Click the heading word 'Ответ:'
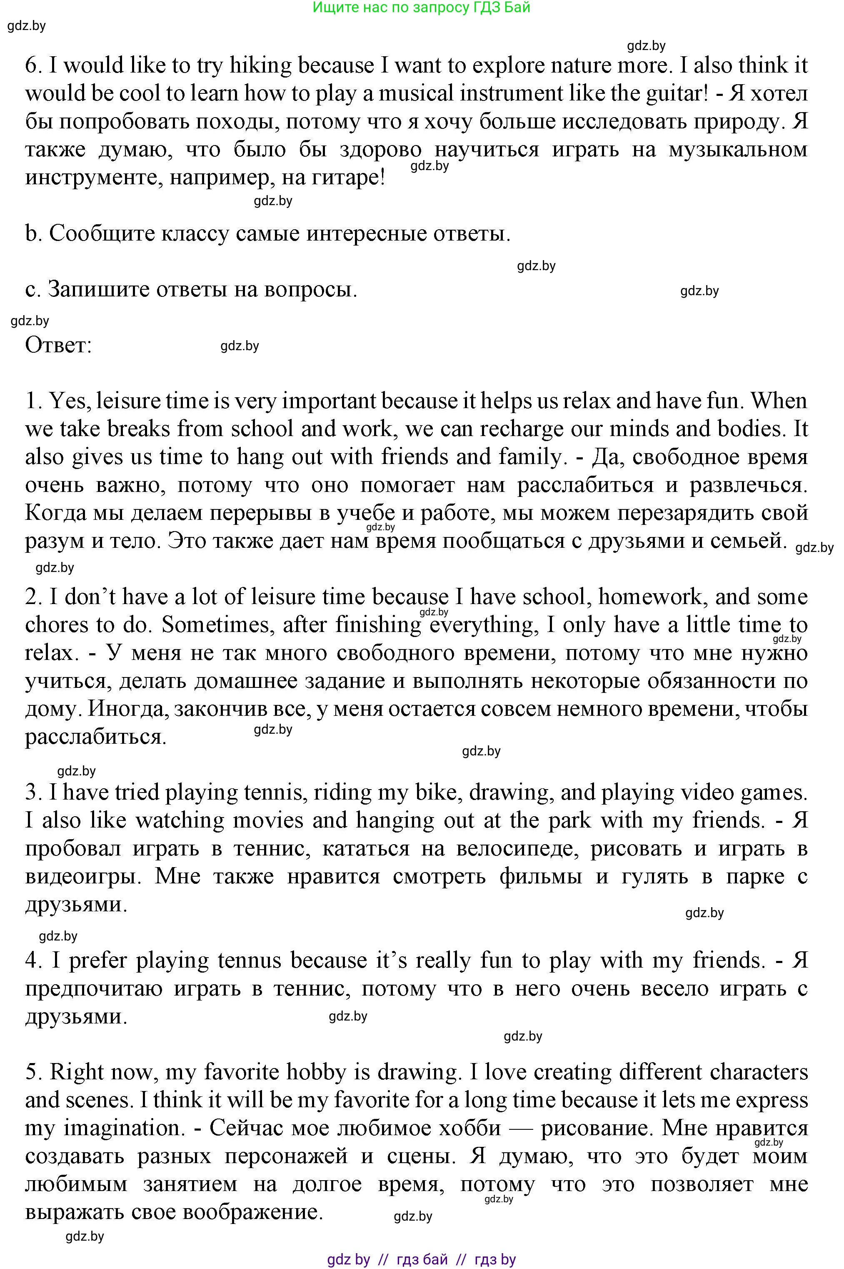point(59,345)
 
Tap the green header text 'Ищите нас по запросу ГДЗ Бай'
point(422,7)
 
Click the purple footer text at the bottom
point(422,1259)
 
